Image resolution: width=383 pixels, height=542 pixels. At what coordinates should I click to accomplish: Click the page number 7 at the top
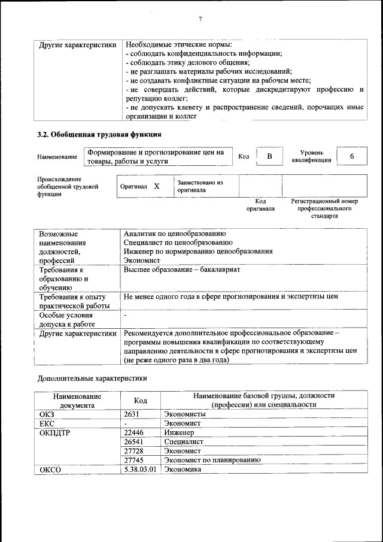200,20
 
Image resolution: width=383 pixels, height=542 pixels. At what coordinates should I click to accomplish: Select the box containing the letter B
269,156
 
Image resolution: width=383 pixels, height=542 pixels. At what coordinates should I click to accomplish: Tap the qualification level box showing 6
352,156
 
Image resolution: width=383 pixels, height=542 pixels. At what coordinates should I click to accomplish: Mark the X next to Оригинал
157,186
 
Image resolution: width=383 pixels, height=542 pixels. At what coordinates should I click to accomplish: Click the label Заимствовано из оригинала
200,186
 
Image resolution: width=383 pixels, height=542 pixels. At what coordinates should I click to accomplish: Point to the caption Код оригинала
260,205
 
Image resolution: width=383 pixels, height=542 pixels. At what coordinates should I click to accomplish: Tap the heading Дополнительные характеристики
92,379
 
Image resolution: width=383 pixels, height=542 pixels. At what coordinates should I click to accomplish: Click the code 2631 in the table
132,414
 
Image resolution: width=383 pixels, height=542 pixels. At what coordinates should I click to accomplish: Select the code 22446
133,432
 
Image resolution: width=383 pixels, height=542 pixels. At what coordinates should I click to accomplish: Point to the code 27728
133,450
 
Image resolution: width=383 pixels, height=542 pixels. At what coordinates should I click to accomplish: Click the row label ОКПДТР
55,432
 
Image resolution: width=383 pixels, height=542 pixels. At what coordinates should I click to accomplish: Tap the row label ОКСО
50,469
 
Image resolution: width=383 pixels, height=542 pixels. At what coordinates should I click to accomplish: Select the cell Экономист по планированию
212,460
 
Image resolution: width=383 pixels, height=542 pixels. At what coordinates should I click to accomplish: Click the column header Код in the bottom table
141,400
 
